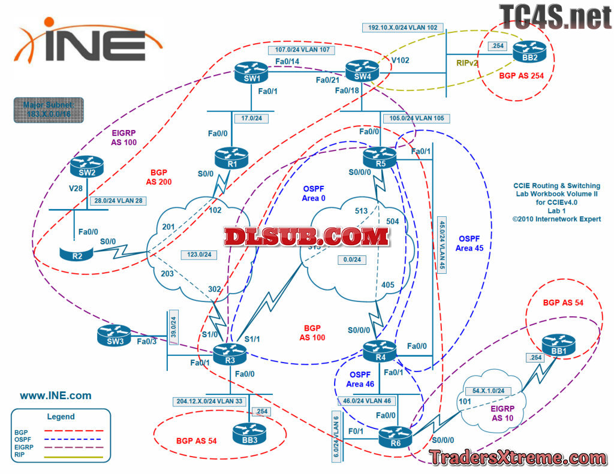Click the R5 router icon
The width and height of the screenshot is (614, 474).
click(x=380, y=158)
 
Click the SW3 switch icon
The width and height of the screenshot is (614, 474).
click(x=115, y=336)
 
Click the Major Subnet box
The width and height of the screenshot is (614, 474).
click(x=49, y=110)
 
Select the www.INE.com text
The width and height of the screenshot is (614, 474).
click(x=56, y=395)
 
